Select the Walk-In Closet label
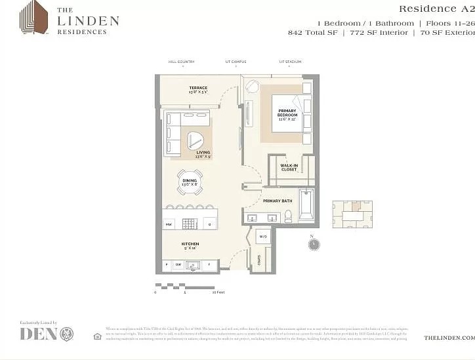click(x=289, y=167)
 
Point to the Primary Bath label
click(x=277, y=201)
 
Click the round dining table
click(x=189, y=182)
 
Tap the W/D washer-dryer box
click(x=263, y=236)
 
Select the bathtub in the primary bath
click(x=306, y=205)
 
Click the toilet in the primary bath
click(x=287, y=216)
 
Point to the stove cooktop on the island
click(x=189, y=224)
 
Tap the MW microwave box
click(x=169, y=224)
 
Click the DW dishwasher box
click(x=178, y=265)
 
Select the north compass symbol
click(x=314, y=244)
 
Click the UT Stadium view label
click(x=290, y=62)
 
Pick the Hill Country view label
click(x=181, y=62)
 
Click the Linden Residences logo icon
click(x=33, y=17)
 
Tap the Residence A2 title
click(x=436, y=9)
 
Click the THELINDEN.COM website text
click(x=449, y=337)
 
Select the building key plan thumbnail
click(x=352, y=214)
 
